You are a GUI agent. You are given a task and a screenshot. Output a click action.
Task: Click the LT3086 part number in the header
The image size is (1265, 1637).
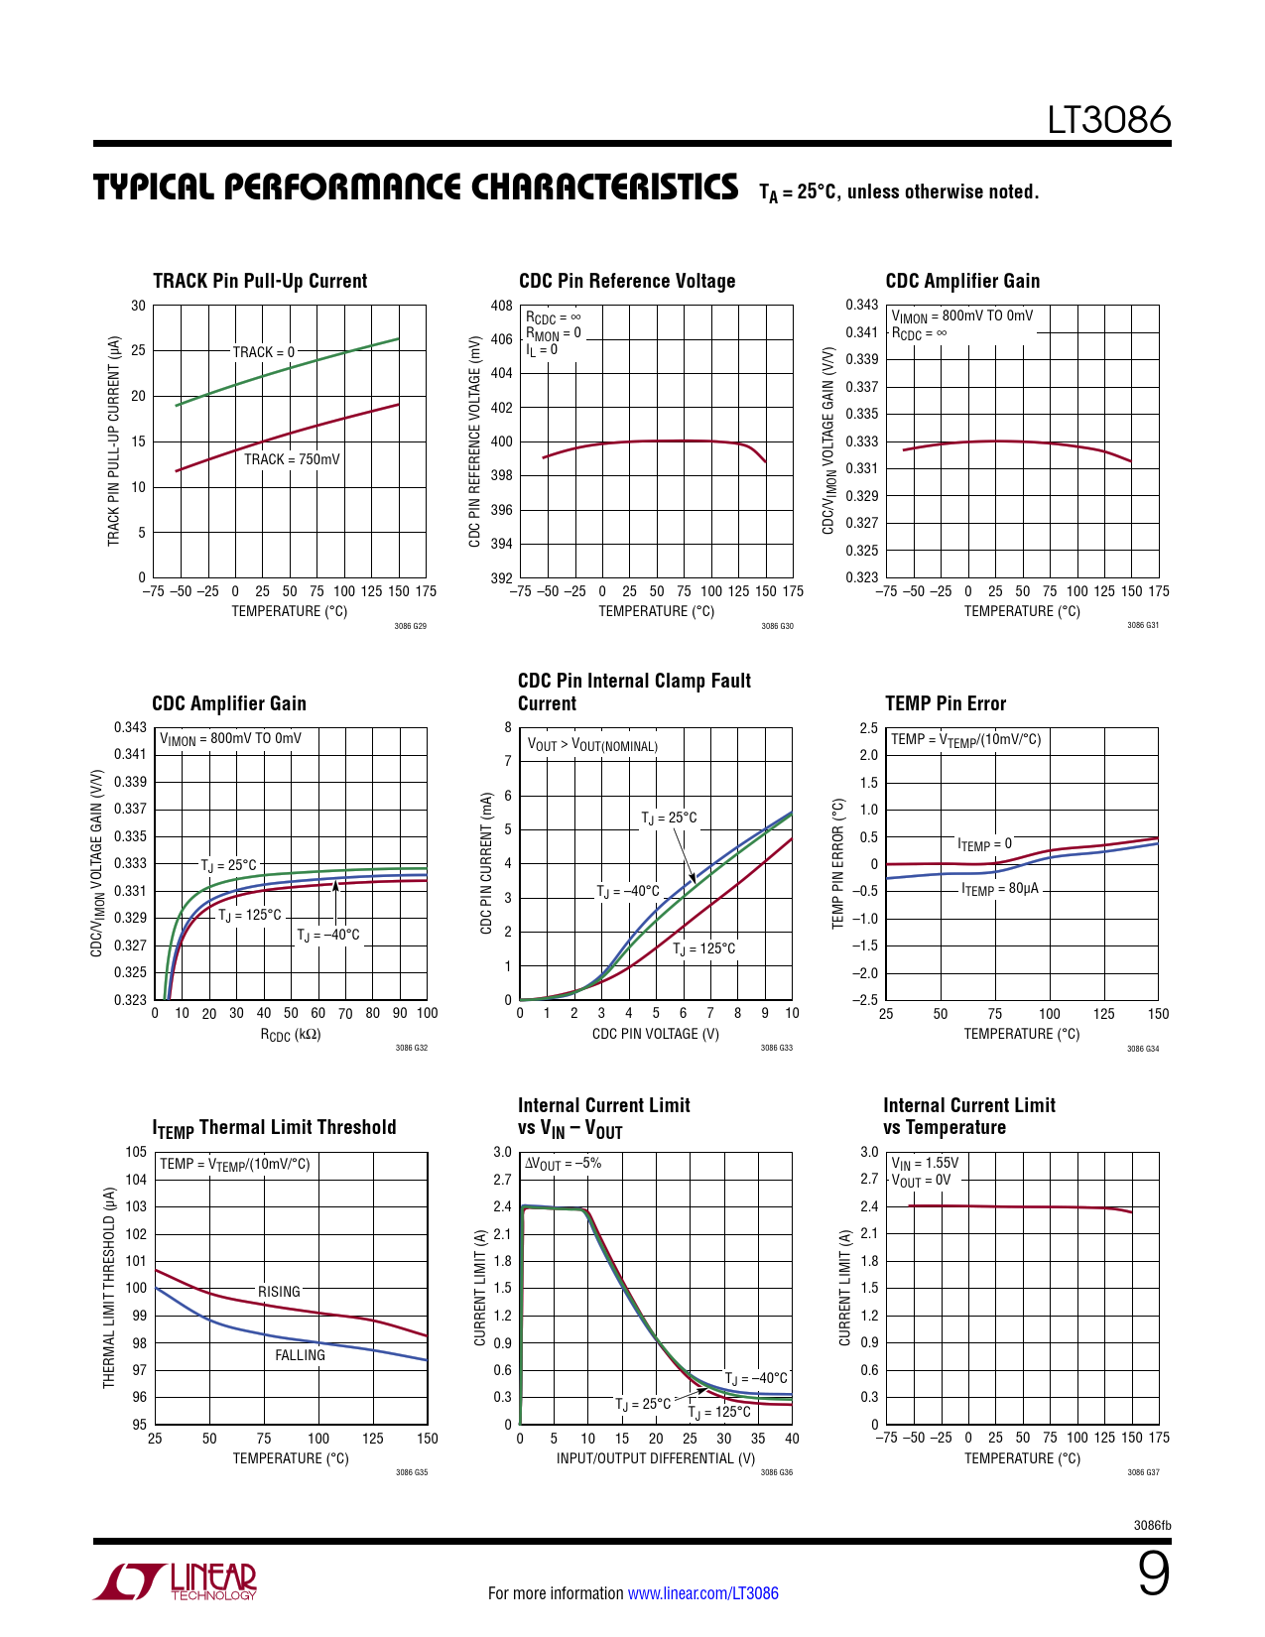pos(1109,120)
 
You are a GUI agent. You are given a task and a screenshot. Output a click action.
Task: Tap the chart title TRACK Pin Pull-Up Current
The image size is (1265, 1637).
pos(260,281)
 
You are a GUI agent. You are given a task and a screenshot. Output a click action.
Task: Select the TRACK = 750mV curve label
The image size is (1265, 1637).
pos(292,459)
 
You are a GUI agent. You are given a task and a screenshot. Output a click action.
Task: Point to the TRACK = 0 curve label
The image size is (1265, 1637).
pos(263,352)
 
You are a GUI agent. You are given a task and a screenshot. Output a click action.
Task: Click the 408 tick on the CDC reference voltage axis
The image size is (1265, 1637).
pos(501,306)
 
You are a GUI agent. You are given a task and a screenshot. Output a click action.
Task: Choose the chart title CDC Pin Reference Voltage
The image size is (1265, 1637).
pos(627,281)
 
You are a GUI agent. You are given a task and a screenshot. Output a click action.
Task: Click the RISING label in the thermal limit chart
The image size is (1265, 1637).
pos(279,1292)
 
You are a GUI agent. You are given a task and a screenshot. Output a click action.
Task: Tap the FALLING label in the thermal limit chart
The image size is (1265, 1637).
pos(300,1355)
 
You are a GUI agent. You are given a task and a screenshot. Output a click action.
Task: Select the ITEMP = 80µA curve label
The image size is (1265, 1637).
pos(999,889)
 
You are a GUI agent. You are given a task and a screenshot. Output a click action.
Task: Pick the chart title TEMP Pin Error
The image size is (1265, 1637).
pos(945,703)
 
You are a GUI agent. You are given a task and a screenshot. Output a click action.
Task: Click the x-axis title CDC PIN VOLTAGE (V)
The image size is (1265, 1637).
pos(655,1034)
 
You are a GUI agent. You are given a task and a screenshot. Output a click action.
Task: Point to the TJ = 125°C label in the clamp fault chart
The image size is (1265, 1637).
pos(704,949)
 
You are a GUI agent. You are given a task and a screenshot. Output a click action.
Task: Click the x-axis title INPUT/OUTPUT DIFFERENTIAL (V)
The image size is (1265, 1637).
pos(655,1458)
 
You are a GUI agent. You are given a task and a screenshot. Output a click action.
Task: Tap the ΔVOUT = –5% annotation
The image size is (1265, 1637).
pos(563,1164)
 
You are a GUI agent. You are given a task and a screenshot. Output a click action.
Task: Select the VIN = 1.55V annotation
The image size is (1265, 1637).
pos(925,1163)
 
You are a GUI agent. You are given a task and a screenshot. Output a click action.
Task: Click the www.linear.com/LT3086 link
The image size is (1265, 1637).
pos(702,1593)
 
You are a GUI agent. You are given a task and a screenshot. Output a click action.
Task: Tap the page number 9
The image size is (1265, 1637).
pos(1153,1574)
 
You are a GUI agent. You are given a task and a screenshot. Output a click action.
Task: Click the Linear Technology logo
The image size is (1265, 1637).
pos(176,1581)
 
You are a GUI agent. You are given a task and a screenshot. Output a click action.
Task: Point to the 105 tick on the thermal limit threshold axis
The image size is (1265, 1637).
pos(136,1152)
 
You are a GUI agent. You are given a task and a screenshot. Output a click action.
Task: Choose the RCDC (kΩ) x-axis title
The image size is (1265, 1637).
pos(290,1035)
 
